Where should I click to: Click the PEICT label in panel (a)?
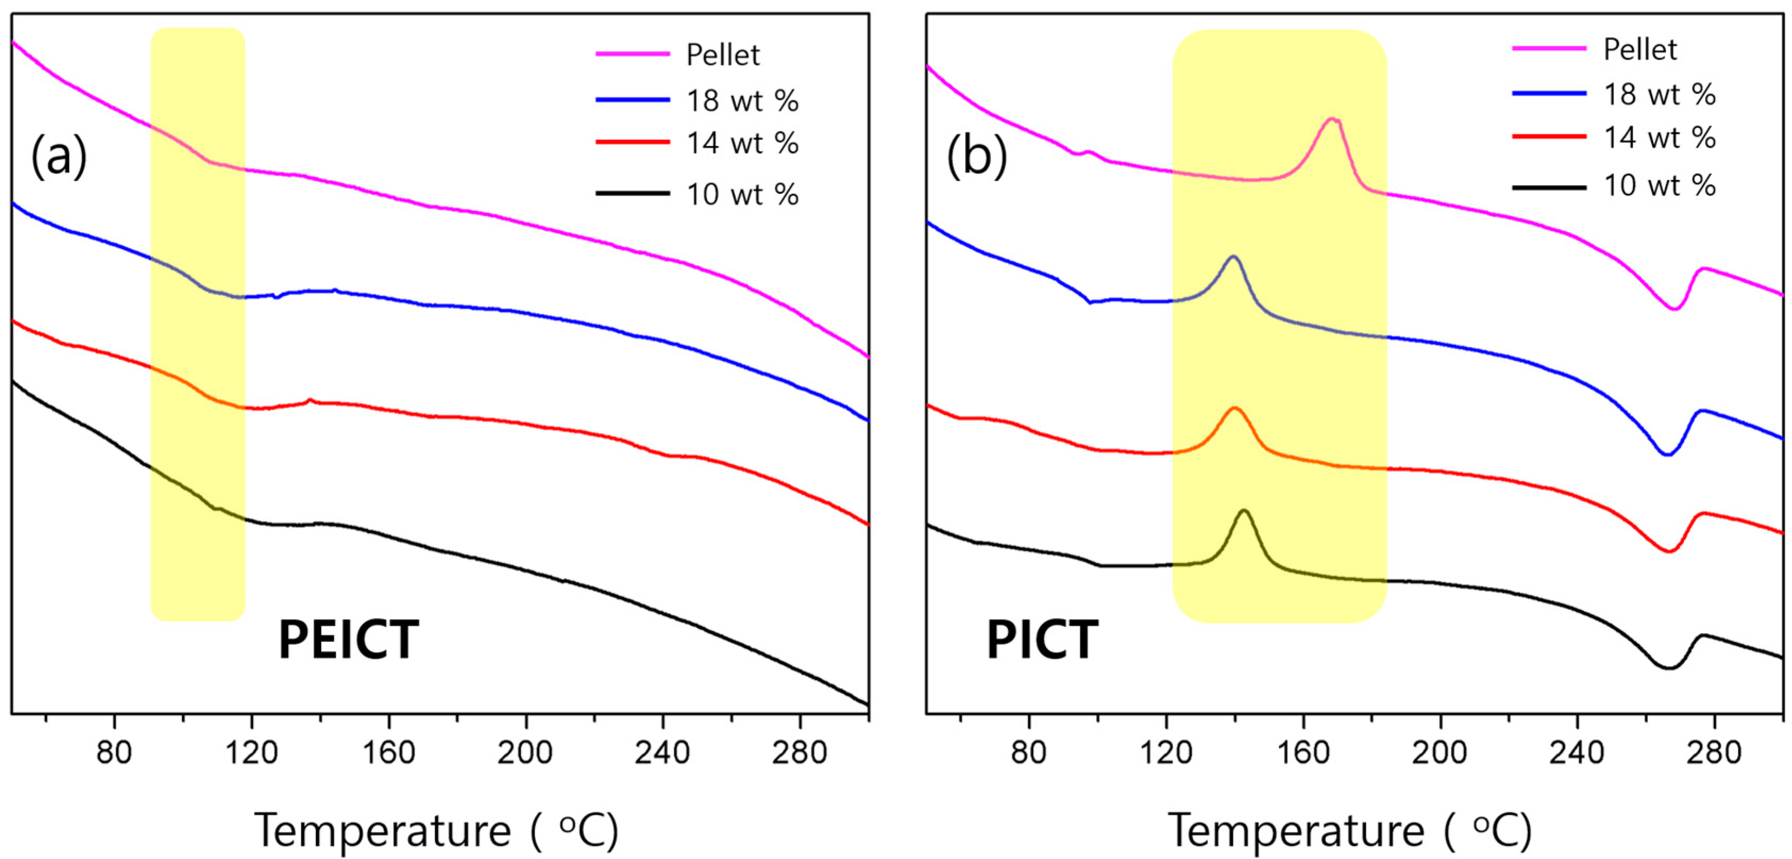click(x=348, y=641)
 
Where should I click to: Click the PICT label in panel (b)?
click(x=1042, y=641)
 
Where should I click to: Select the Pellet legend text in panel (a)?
click(x=723, y=55)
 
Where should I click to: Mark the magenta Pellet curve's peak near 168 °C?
click(x=1332, y=119)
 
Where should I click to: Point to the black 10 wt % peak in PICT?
click(x=1244, y=511)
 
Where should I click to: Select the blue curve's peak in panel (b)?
click(x=1233, y=257)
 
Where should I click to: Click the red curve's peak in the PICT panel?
click(x=1235, y=409)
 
